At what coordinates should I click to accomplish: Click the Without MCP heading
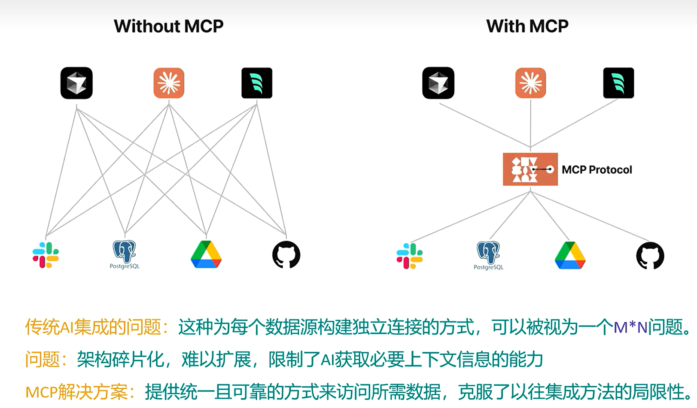click(x=168, y=26)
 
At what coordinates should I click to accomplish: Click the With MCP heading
click(x=527, y=26)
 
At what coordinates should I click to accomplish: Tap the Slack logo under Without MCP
click(x=46, y=255)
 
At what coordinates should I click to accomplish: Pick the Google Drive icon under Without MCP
click(x=206, y=255)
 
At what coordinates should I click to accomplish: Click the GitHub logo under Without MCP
click(x=286, y=255)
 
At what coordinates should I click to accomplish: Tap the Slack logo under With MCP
click(x=409, y=256)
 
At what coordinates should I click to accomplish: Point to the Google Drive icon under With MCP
click(x=570, y=256)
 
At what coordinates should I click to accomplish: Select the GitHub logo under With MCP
click(x=650, y=256)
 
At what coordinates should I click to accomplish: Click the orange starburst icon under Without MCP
click(x=169, y=83)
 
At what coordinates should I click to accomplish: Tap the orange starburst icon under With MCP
click(x=530, y=83)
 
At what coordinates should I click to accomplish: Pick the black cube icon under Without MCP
click(x=76, y=83)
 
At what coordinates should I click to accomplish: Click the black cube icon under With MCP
click(x=438, y=83)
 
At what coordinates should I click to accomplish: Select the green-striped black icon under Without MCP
click(x=257, y=83)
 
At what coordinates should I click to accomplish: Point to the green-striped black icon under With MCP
click(x=618, y=83)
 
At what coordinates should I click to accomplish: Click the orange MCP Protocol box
click(x=530, y=169)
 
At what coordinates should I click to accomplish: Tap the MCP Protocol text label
click(x=597, y=170)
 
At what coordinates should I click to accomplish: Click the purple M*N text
click(x=630, y=328)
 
